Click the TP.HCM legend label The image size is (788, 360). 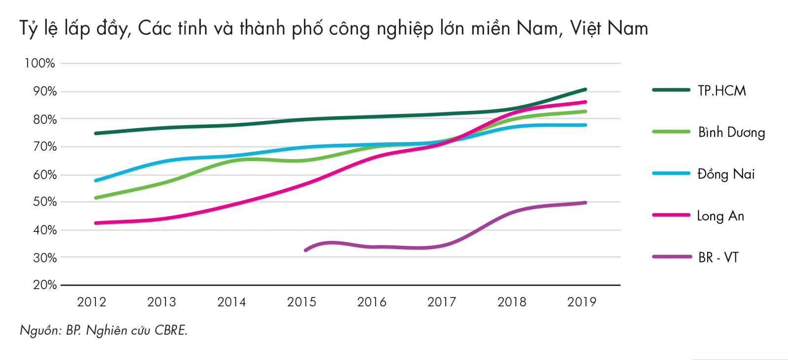(722, 91)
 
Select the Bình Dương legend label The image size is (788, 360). (731, 132)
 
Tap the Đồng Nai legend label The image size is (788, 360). (726, 174)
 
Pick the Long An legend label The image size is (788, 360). (720, 216)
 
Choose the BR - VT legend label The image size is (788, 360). (718, 257)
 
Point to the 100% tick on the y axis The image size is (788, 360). (40, 63)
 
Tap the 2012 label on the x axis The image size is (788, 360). (92, 302)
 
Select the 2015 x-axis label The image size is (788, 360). (301, 302)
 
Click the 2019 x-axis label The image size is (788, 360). (582, 302)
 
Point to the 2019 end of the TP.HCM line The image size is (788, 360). (585, 90)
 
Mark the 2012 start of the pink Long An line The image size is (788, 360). (96, 223)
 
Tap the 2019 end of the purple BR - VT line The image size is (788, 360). (585, 202)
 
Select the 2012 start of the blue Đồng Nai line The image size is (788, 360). (96, 181)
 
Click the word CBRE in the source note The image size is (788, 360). (170, 330)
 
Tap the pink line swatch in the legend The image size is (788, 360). (671, 215)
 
